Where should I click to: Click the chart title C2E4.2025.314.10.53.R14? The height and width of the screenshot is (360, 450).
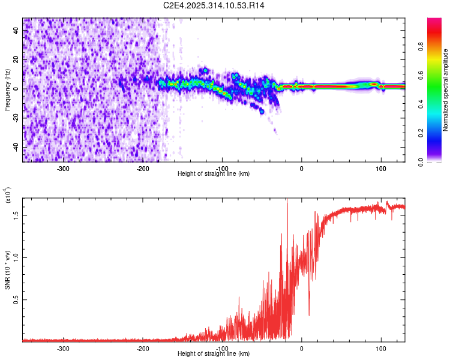coord(214,5)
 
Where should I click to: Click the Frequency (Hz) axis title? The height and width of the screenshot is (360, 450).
coord(7,89)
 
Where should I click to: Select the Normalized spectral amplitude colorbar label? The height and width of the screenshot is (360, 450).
coord(446,90)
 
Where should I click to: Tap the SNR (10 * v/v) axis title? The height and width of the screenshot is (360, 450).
coord(7,270)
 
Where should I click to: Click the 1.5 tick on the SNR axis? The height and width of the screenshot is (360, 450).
coord(17,214)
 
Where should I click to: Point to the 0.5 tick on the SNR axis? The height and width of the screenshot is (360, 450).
coord(17,299)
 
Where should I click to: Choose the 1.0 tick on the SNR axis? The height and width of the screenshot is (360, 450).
coord(17,257)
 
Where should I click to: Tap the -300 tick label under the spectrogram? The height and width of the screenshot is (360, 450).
coord(64,169)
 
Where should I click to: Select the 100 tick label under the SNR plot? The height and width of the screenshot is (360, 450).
coord(380,348)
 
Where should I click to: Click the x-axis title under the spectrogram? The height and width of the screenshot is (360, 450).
coord(214,174)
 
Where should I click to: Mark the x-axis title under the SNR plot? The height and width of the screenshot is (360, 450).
coord(214,353)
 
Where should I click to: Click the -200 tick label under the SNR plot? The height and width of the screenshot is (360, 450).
coord(143,348)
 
